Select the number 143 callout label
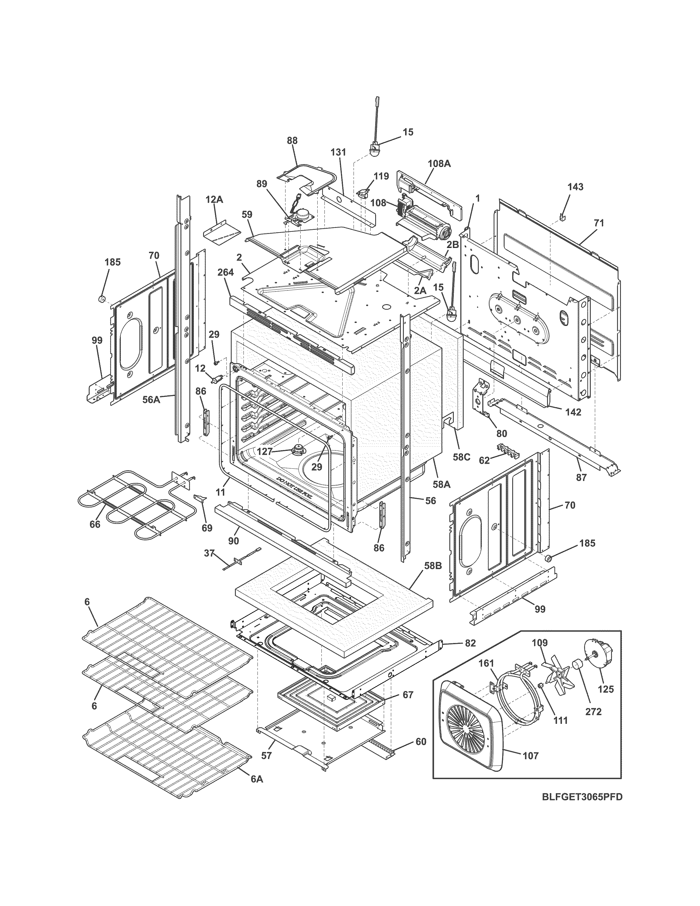tap(575, 187)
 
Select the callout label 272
tap(593, 711)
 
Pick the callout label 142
tap(573, 412)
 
